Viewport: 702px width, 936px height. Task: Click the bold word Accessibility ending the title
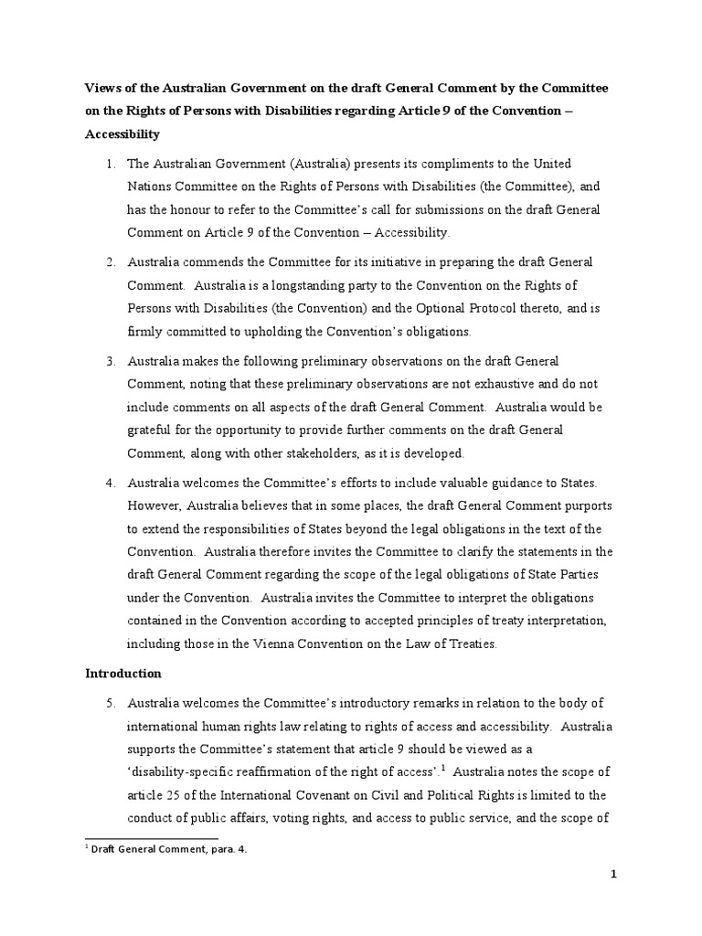tap(122, 133)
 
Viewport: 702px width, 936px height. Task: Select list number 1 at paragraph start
tap(108, 165)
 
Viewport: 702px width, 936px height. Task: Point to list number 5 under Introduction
tap(108, 703)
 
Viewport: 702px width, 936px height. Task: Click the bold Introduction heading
tap(123, 674)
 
